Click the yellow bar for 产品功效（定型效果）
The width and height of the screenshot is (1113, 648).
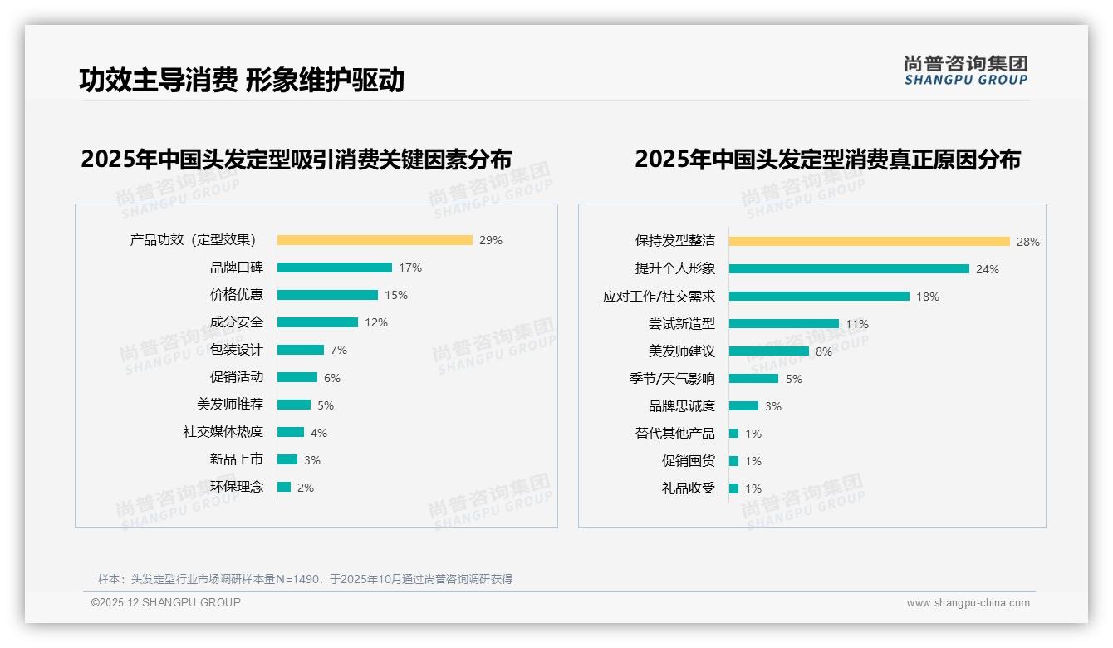[x=375, y=240]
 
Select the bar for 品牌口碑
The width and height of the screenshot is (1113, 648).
[x=335, y=268]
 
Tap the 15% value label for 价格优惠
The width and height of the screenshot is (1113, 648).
[x=396, y=295]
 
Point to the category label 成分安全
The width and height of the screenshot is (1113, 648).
[x=237, y=322]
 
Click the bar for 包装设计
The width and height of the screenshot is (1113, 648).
[x=301, y=350]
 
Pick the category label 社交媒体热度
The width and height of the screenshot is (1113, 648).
[x=223, y=432]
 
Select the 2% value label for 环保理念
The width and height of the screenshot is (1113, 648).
[x=306, y=488]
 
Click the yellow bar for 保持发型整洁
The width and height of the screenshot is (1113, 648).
[x=869, y=241]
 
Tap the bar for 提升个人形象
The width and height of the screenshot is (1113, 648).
[x=849, y=268]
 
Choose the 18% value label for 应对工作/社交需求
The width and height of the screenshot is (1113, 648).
[x=928, y=297]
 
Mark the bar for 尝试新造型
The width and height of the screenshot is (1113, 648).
[x=784, y=323]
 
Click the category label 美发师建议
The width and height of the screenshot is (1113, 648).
[x=682, y=351]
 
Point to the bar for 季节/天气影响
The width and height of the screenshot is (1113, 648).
[x=753, y=378]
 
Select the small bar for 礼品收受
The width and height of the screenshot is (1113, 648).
[x=733, y=488]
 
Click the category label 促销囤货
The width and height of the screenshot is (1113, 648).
[x=689, y=461]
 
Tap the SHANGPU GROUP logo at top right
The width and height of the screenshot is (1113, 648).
[x=966, y=71]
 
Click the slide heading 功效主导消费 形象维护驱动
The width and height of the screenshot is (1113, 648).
[x=242, y=80]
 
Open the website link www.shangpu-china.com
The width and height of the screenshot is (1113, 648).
[x=968, y=603]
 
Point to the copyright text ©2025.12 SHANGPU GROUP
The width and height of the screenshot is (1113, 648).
[x=166, y=602]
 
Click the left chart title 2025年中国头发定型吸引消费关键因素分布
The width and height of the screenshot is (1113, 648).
[x=297, y=159]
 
